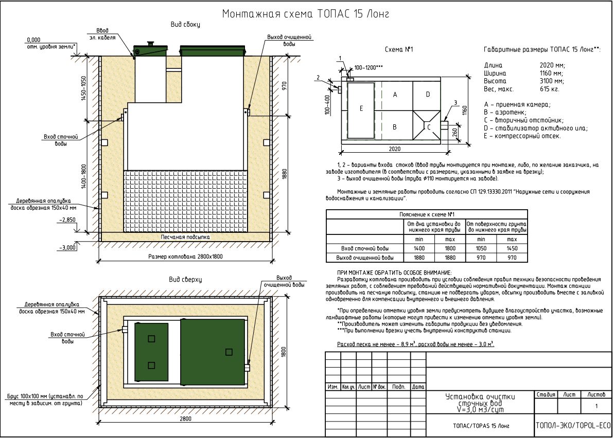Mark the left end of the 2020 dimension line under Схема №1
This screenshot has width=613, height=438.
point(341,152)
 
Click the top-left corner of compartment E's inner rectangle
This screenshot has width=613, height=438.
point(347,83)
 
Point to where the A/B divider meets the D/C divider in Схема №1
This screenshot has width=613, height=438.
point(413,111)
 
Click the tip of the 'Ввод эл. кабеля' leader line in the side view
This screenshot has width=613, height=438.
point(134,59)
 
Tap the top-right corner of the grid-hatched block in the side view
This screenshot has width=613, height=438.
point(248,171)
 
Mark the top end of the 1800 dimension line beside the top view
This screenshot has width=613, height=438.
point(289,296)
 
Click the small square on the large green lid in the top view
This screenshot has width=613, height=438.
point(229,352)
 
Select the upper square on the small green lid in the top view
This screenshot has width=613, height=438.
point(151,338)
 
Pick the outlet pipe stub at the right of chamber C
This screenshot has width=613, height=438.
point(445,126)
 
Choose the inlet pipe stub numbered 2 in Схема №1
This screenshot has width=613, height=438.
point(339,90)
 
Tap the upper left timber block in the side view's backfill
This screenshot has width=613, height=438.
point(104,142)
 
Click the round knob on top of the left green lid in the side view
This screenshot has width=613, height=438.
point(150,44)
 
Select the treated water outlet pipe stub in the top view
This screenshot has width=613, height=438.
point(247,368)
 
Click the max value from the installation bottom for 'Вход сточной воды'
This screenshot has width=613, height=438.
point(450,248)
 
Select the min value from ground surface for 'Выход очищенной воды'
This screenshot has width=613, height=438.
point(481,258)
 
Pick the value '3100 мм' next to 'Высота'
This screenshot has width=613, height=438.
point(552,81)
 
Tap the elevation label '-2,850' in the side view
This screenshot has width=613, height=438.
point(67,220)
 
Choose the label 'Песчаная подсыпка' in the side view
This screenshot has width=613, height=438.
point(185,237)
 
